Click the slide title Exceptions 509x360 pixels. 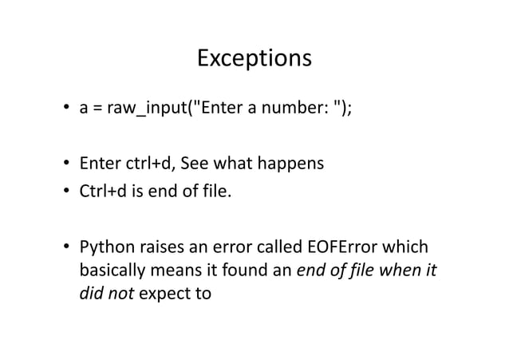pos(254,59)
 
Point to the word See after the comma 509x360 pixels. pos(197,165)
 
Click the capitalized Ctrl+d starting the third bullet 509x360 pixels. pos(99,192)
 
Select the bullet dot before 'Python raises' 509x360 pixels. pos(68,247)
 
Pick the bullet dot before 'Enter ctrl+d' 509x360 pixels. pos(68,166)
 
